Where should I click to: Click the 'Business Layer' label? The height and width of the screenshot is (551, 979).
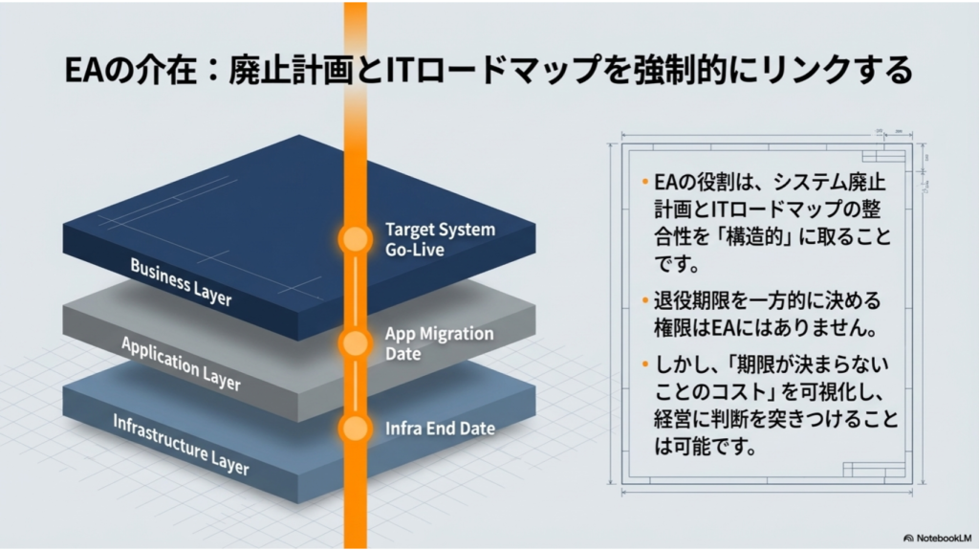(181, 282)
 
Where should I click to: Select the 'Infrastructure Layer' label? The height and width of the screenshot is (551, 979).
(181, 445)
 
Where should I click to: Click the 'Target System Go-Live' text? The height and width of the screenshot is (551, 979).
(440, 239)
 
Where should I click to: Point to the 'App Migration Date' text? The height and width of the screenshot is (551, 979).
(439, 343)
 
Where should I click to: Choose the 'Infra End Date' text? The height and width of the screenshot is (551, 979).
(440, 429)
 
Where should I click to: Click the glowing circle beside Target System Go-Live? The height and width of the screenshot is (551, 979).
(356, 239)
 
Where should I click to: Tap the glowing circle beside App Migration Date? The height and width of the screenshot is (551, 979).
(356, 343)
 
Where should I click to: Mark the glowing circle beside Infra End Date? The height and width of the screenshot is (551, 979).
(356, 429)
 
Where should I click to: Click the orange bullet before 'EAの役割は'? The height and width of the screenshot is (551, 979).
(645, 183)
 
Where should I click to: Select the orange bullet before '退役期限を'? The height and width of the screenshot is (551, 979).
(645, 301)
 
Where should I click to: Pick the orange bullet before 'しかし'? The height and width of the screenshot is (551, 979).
(645, 364)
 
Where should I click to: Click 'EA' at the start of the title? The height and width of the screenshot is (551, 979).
(83, 70)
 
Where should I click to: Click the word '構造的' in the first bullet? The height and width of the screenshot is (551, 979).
(754, 237)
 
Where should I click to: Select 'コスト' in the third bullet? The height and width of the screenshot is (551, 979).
(727, 391)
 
